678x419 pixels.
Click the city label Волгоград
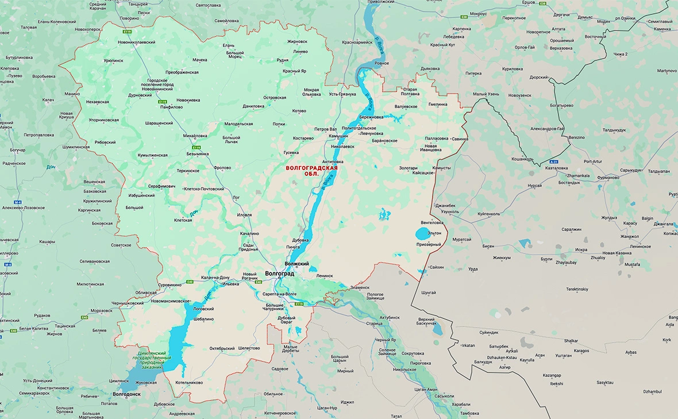[x=279, y=274]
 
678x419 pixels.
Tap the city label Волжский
[x=297, y=264]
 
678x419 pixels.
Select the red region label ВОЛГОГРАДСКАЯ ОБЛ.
[x=311, y=170]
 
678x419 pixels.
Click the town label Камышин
[x=338, y=137]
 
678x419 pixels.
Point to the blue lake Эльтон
[x=422, y=234]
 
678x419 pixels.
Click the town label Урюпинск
[x=113, y=60]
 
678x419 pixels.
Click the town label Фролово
[x=222, y=168]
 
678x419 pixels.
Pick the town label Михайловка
[x=195, y=136]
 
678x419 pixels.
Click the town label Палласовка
[x=436, y=139]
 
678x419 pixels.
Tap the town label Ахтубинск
[x=389, y=317]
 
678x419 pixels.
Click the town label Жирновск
[x=297, y=41]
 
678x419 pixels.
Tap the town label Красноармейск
[x=357, y=42]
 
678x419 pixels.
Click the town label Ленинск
[x=324, y=276]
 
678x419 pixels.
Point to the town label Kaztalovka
[x=557, y=168]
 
